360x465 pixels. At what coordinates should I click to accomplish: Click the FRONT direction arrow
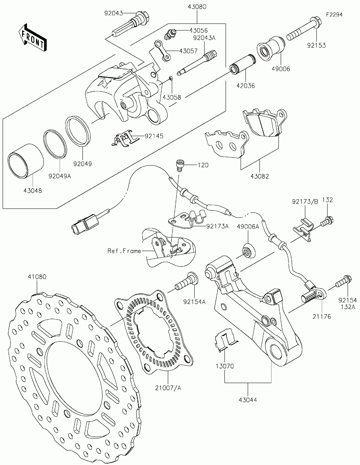point(32,37)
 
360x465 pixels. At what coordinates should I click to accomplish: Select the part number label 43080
point(197,7)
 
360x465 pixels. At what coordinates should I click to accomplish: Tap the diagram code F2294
point(334,15)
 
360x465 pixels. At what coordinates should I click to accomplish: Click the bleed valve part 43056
point(170,34)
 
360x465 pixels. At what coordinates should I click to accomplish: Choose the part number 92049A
point(60,176)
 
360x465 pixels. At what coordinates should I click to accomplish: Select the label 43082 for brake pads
point(259,176)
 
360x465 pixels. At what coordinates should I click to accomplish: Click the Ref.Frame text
point(124,251)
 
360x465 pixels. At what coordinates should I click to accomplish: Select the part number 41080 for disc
point(37,277)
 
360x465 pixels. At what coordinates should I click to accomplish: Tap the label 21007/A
point(168,388)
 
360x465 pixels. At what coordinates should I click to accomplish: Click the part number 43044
point(248,400)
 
